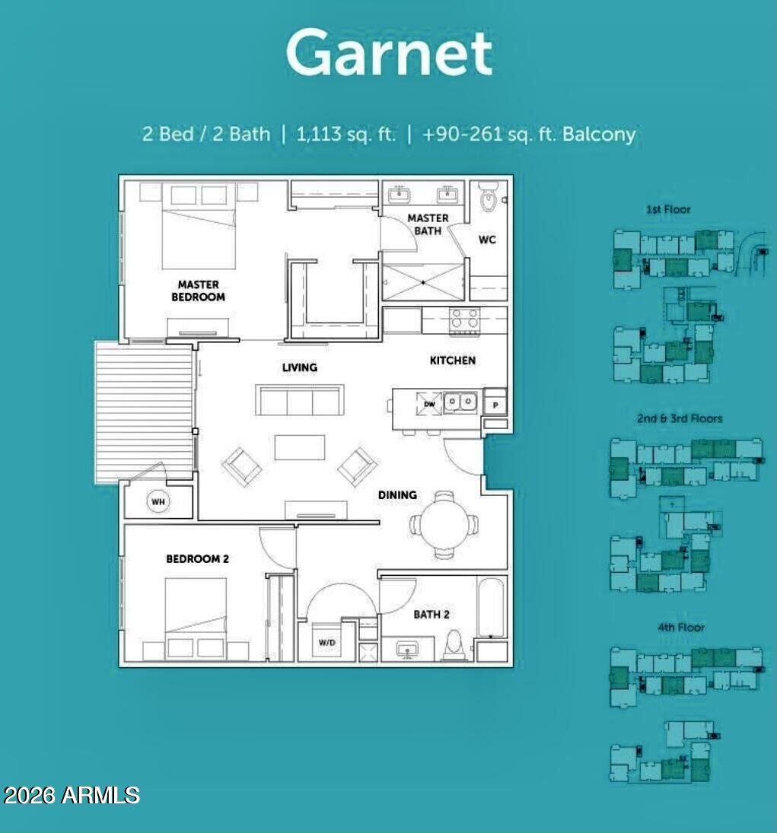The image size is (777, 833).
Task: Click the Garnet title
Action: [x=389, y=53]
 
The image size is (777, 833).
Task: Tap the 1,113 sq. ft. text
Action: [x=346, y=135]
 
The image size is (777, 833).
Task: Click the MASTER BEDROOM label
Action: [x=198, y=291]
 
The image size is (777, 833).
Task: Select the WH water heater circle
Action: [x=158, y=502]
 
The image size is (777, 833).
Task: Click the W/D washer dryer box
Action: [x=326, y=642]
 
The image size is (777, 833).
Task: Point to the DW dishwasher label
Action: [x=430, y=404]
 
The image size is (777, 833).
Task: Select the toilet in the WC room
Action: [x=488, y=199]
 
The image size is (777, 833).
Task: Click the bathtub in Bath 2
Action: [x=491, y=607]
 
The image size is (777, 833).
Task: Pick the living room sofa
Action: [x=300, y=400]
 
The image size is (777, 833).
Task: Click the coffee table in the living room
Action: [x=299, y=447]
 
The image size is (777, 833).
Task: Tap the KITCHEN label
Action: [x=453, y=361]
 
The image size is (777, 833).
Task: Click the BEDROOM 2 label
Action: [x=198, y=559]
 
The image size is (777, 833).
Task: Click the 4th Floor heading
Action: [x=680, y=628]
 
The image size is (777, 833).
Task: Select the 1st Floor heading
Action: [x=668, y=209]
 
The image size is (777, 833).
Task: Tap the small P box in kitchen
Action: [x=495, y=404]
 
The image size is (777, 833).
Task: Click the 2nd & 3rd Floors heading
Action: [x=680, y=418]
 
